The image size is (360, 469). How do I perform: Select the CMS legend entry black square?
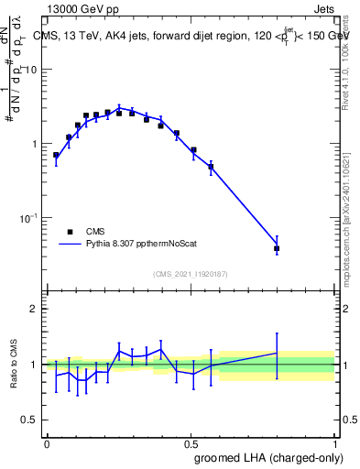[70, 232]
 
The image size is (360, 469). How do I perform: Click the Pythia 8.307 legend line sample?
[70, 245]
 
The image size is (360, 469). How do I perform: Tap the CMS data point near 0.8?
[277, 248]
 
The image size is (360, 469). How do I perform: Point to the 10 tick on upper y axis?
[31, 71]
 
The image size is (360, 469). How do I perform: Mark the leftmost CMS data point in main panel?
[56, 155]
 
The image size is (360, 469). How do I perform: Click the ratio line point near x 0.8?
[277, 353]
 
